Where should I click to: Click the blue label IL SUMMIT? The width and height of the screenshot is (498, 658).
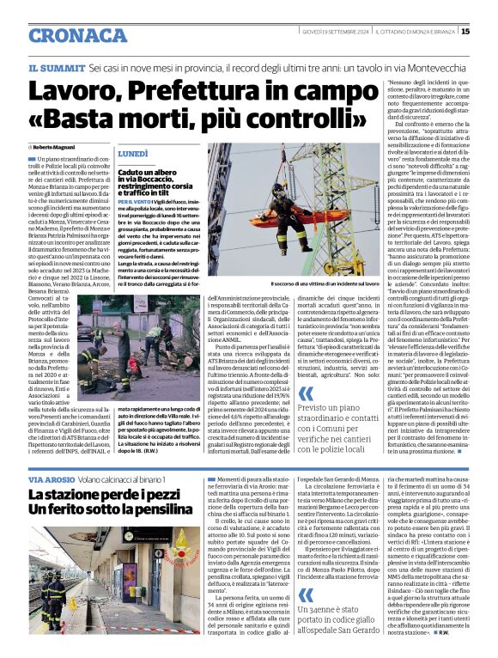57,67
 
